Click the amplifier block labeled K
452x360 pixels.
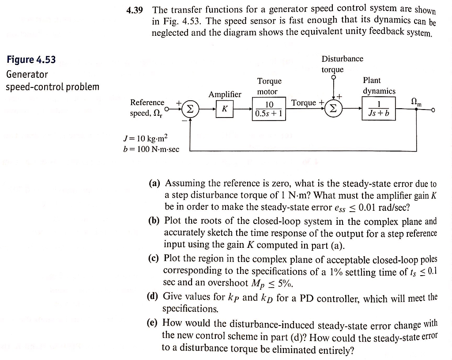(225, 109)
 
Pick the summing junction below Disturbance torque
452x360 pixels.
(334, 109)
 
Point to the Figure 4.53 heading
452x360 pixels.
(31, 60)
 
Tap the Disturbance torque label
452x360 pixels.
(342, 64)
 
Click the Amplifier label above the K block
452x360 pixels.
(225, 94)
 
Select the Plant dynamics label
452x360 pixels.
(379, 85)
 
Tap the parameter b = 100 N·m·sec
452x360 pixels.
(151, 149)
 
